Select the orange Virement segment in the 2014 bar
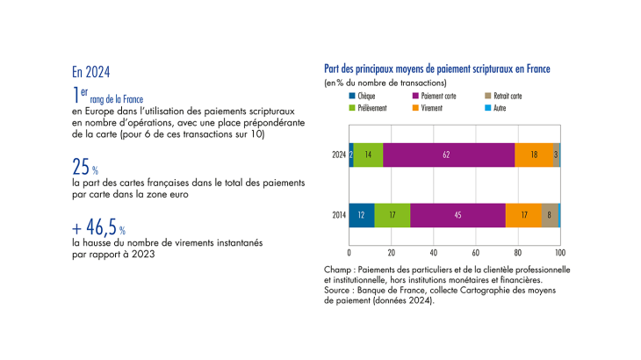[523, 215]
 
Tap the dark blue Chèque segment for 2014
[362, 215]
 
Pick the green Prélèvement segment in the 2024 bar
[369, 154]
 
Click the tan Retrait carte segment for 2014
[549, 215]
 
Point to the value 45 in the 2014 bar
[457, 215]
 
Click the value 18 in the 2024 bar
[534, 154]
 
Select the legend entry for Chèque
[365, 95]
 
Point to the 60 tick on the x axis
[476, 252]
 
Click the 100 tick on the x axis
[560, 252]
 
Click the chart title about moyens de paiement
[436, 68]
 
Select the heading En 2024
[90, 72]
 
